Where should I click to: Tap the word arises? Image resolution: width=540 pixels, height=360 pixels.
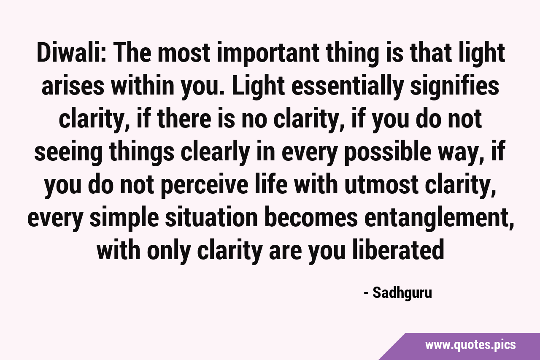click(73, 87)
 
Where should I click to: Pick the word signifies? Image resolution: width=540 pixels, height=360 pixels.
click(455, 87)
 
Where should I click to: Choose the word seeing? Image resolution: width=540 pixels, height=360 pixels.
click(68, 153)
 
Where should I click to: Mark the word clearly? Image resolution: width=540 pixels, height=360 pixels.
click(215, 153)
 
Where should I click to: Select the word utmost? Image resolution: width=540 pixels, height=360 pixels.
click(381, 186)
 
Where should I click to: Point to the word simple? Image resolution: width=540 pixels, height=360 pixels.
click(124, 219)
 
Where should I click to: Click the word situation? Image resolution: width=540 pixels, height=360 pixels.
click(211, 218)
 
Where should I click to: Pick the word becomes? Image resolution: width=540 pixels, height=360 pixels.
click(311, 218)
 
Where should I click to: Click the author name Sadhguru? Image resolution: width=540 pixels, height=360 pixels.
click(402, 293)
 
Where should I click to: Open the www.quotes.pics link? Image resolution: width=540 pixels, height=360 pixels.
click(470, 345)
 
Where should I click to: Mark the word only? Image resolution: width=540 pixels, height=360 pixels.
click(169, 252)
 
